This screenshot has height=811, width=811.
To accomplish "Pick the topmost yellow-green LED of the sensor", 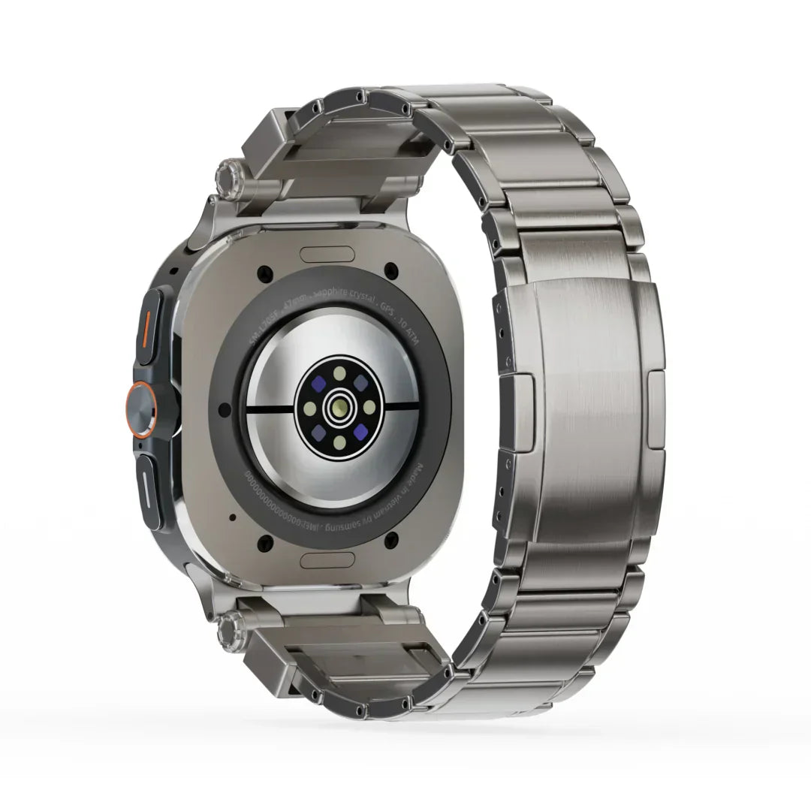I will pyautogui.click(x=340, y=372).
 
